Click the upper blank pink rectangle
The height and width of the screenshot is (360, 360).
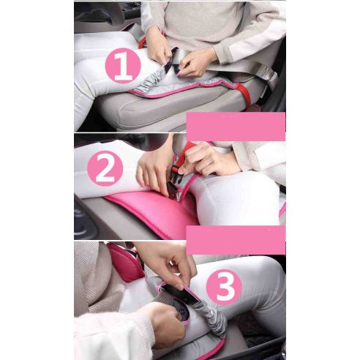[x=236, y=127]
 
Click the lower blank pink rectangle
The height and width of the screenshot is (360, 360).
[x=235, y=239]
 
